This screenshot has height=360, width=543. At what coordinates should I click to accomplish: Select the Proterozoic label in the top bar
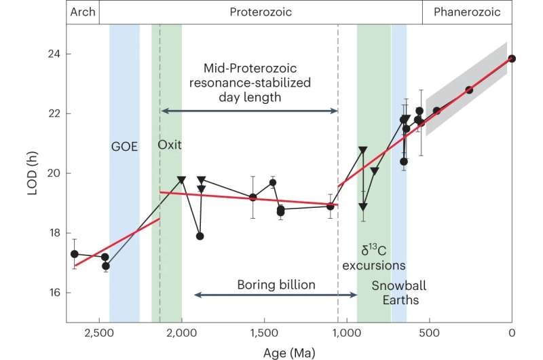pos(259,12)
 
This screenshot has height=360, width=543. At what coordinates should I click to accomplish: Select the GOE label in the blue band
pos(125,145)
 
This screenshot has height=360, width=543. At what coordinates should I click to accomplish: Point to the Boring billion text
pos(276,285)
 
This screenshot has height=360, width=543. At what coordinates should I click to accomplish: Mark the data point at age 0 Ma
pos(512,58)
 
